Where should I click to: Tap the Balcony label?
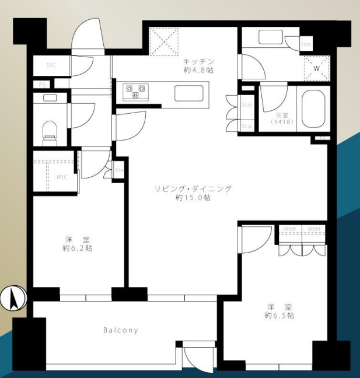tap(121, 330)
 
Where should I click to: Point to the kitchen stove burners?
tap(137, 92)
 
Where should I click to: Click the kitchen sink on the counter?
tap(188, 93)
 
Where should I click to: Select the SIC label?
tap(51, 65)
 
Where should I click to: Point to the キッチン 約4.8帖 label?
tap(199, 65)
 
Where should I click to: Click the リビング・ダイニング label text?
tap(193, 189)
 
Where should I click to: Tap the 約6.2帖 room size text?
tap(77, 248)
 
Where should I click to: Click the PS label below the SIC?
tap(42, 85)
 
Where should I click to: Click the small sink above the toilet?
tap(50, 97)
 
